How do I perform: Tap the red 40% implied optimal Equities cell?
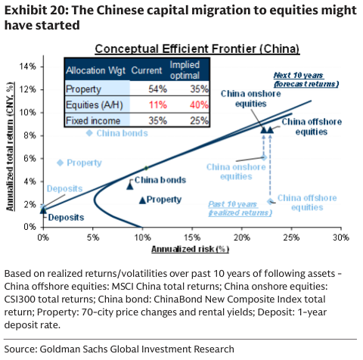[178, 104]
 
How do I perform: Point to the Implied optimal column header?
[178, 70]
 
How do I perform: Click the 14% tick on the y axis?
[29, 67]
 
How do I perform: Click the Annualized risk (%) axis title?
[190, 248]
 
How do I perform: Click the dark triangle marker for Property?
[141, 200]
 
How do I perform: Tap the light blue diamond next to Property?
[60, 163]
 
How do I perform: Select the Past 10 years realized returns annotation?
[239, 208]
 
